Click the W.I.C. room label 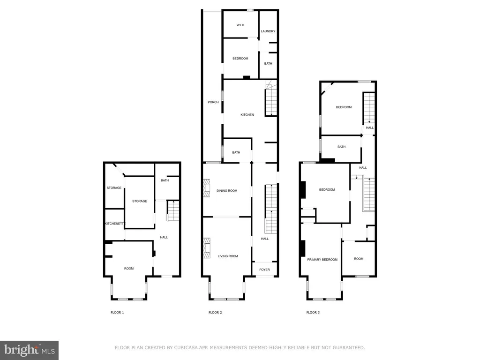240,25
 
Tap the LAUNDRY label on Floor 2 268,31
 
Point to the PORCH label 213,102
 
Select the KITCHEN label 247,115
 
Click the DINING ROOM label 227,191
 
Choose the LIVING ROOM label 228,256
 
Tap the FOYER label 265,270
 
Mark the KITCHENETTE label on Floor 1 114,224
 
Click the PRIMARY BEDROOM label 322,259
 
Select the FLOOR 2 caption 215,312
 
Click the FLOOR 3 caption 313,312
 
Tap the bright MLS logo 29,350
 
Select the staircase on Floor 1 173,210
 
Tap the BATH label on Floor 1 165,180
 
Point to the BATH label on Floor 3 341,147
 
